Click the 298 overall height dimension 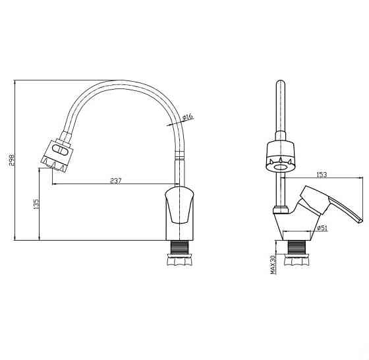12,160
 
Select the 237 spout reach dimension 116,181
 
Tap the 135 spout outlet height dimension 36,204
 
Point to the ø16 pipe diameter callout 188,117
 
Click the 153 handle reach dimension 322,175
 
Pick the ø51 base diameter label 322,228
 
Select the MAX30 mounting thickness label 273,264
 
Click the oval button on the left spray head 60,150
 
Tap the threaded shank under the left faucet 180,247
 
